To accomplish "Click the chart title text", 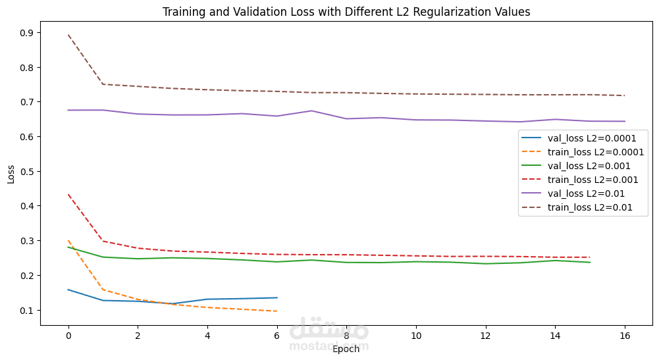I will coord(346,12).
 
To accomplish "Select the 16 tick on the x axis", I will coord(625,336).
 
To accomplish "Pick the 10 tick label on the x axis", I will coord(416,336).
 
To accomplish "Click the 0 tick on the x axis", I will coord(68,336).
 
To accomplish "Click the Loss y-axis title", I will coord(11,174).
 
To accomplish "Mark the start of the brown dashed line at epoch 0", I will coord(68,35).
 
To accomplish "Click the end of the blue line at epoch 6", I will coord(277,297).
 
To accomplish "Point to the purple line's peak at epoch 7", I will coord(311,111).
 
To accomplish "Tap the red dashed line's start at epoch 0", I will coord(68,195).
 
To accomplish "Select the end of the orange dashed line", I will coord(277,311).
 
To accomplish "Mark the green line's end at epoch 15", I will coord(590,263).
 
